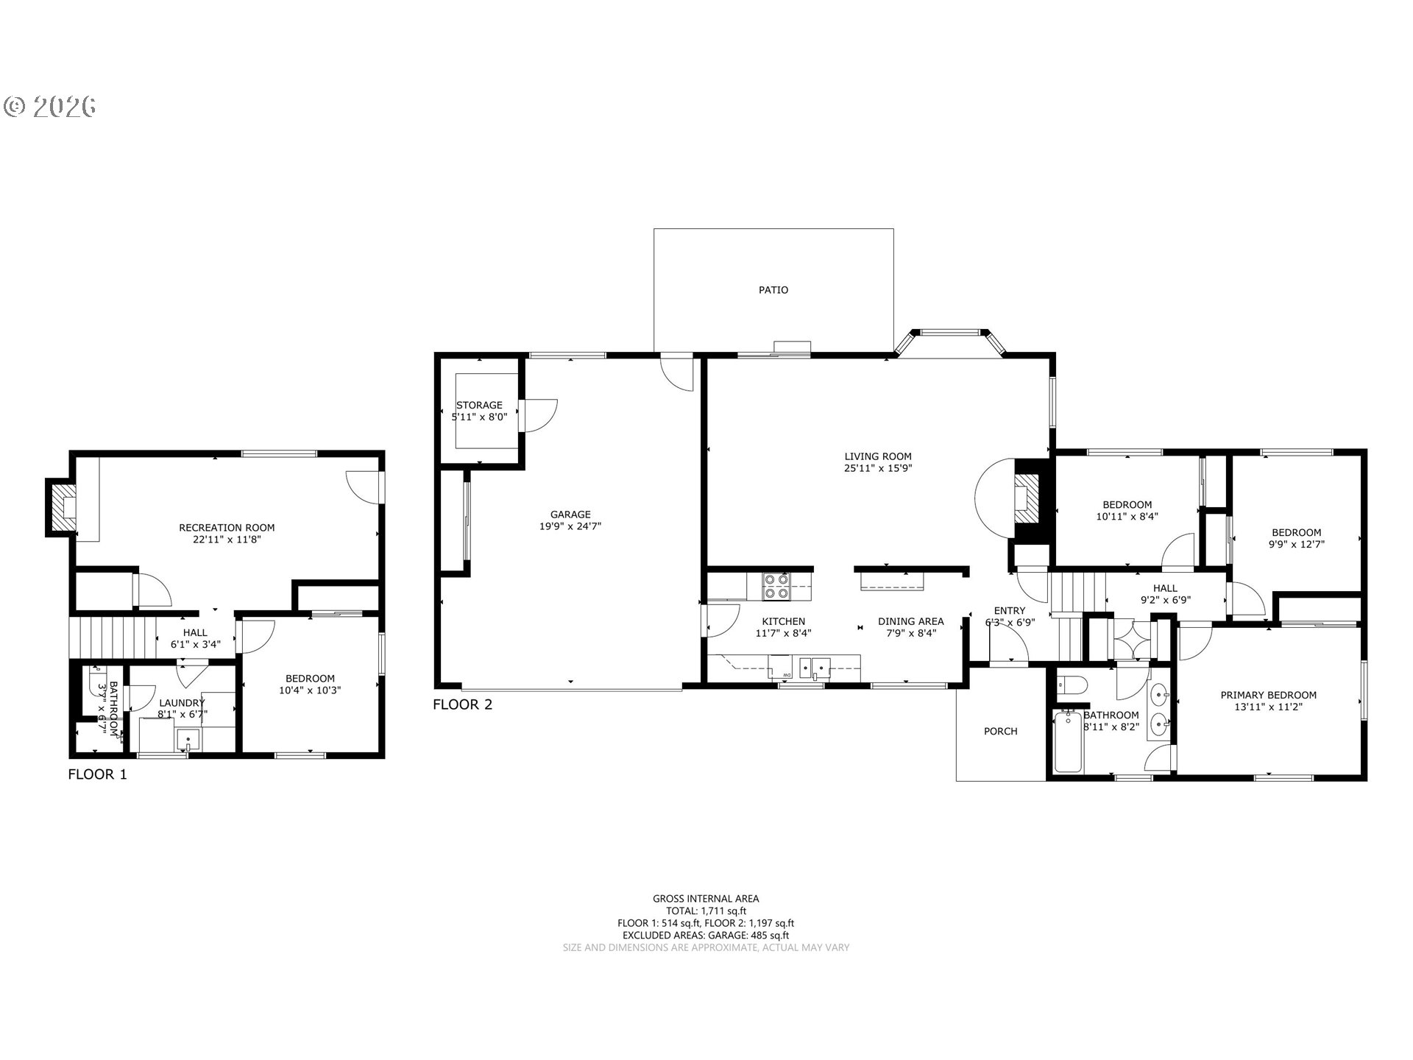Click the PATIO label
773,290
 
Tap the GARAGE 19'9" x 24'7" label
570,520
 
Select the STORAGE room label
479,405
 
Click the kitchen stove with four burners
776,586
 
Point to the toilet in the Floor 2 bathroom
1069,685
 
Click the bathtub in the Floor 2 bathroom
1069,741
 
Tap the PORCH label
1000,731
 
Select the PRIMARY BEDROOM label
1268,695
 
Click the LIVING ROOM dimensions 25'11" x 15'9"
878,468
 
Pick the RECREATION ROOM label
227,528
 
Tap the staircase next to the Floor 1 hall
113,637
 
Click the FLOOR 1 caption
97,774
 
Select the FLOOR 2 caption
462,704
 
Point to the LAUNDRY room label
182,703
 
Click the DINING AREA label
910,621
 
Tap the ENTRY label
1009,610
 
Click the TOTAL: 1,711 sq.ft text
705,911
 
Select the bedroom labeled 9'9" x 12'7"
1296,538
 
